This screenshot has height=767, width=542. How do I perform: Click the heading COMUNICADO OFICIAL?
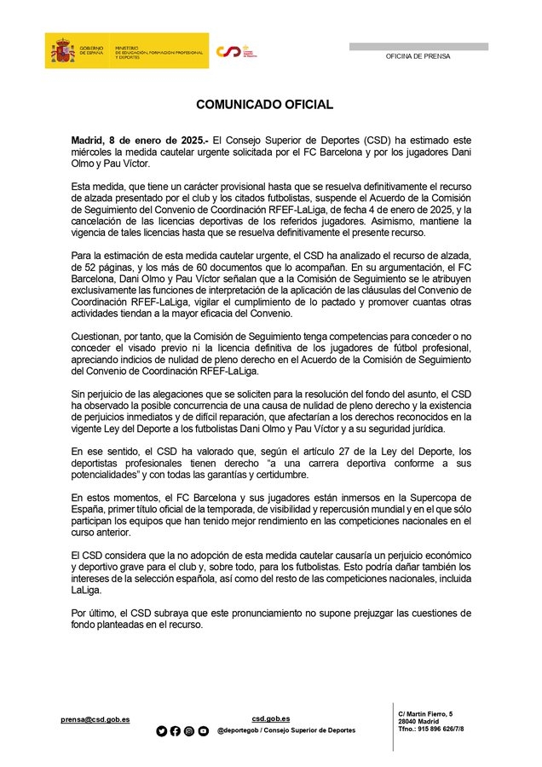coord(264,105)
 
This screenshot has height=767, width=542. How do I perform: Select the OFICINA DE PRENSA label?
coord(418,56)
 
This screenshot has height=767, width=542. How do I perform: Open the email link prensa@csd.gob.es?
coord(95,719)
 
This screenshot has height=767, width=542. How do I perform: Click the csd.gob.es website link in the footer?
coord(272,718)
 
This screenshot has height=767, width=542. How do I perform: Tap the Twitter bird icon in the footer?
coord(162,731)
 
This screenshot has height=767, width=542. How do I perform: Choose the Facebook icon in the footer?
coord(176,731)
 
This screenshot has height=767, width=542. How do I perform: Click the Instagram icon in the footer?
coord(189,731)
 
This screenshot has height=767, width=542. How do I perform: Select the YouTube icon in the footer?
coord(203,731)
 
